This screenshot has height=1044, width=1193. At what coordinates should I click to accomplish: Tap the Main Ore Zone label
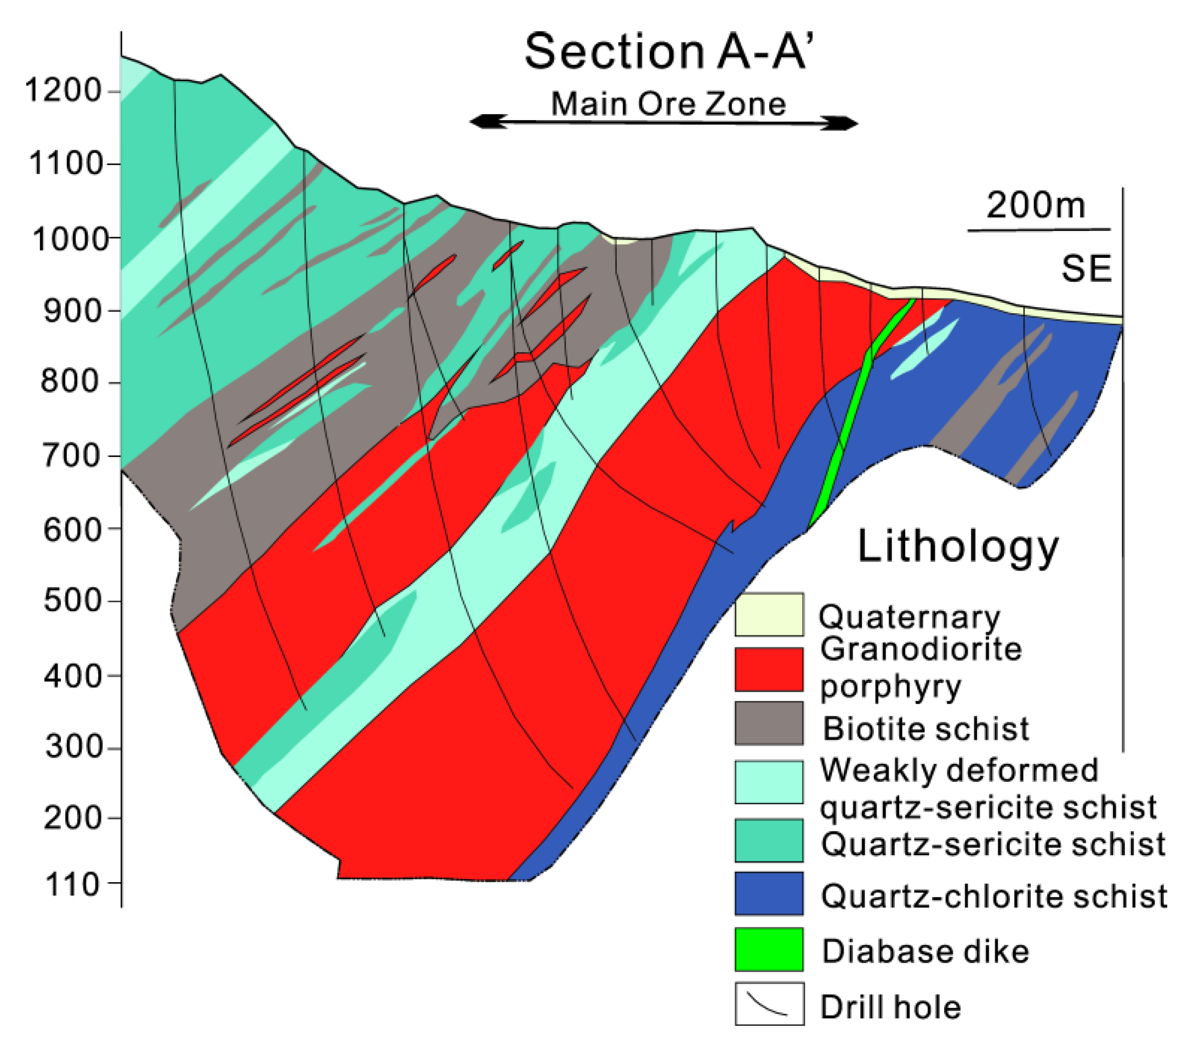[668, 104]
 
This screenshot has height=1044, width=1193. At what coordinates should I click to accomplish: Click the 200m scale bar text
[1036, 205]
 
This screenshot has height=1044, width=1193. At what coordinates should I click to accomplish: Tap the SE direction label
[1087, 269]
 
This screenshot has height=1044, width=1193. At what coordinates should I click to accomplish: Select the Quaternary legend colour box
[769, 614]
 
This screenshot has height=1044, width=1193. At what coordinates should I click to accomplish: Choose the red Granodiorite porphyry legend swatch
[769, 669]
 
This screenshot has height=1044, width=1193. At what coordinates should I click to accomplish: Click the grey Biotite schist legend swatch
[769, 723]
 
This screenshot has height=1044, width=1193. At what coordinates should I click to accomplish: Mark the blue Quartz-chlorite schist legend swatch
[769, 893]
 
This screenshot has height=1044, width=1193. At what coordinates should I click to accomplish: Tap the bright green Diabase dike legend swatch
[769, 950]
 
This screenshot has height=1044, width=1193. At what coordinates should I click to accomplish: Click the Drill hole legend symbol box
[769, 1004]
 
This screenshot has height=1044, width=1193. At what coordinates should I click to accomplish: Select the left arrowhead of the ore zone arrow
[481, 122]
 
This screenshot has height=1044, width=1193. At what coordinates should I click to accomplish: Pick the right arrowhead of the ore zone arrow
[847, 123]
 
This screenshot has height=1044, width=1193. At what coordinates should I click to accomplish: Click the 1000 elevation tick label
[70, 239]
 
